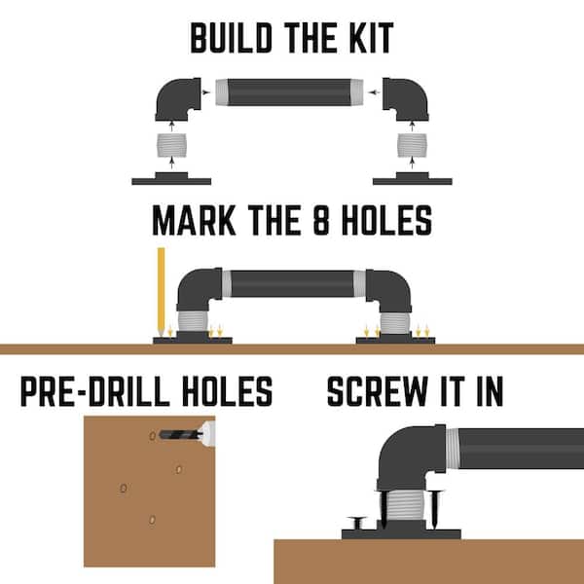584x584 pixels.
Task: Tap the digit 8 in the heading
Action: click(321, 220)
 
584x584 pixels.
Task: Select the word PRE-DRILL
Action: click(93, 391)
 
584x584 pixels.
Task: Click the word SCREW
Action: click(377, 391)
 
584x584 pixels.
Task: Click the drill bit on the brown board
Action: click(181, 434)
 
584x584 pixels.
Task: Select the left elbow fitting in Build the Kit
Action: click(178, 99)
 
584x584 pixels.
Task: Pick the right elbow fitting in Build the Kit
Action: click(406, 99)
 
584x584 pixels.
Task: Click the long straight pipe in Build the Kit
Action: click(289, 92)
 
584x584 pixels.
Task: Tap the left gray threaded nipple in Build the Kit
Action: click(171, 145)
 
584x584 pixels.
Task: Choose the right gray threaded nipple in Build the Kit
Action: click(412, 145)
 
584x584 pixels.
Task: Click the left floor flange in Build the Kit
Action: click(171, 179)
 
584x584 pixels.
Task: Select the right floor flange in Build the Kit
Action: click(413, 179)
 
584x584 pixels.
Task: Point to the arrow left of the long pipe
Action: click(206, 92)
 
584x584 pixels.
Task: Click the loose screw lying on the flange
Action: click(357, 522)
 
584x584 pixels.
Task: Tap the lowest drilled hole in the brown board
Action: click(152, 519)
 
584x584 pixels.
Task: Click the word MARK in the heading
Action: click(194, 220)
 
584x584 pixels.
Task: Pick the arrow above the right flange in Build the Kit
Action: click(412, 163)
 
